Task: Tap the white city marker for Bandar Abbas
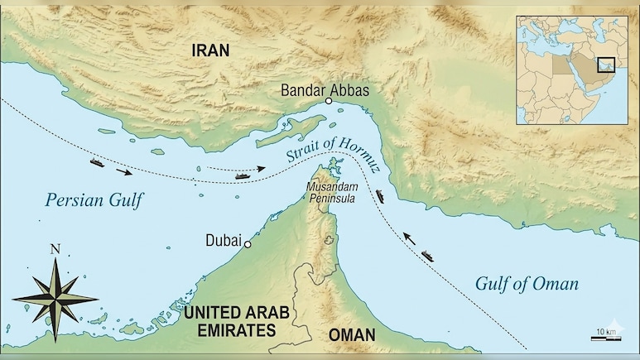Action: point(329,101)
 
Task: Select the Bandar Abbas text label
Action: point(325,88)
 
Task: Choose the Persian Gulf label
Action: point(94,199)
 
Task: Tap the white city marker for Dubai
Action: point(248,245)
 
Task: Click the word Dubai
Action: point(223,241)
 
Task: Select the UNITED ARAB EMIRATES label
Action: point(229,321)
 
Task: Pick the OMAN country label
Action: point(351,335)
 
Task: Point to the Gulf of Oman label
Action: point(527,284)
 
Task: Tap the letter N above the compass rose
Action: point(55,249)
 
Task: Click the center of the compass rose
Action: point(55,299)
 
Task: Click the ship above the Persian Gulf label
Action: point(98,162)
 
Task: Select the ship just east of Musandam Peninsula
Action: point(380,196)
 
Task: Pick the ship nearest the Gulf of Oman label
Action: point(426,253)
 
